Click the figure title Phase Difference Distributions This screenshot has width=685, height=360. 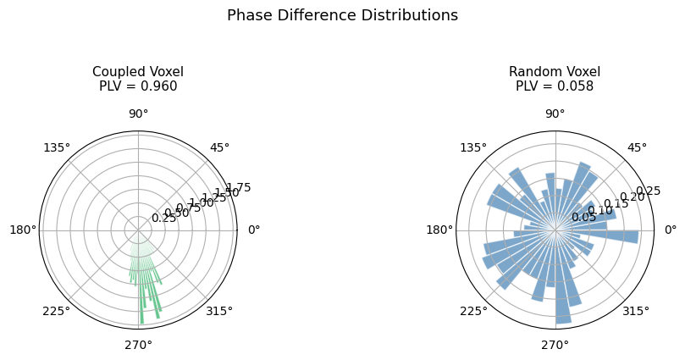(342, 15)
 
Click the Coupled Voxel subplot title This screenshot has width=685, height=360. (138, 71)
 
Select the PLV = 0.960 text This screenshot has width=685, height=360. (138, 86)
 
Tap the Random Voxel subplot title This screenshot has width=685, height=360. (555, 71)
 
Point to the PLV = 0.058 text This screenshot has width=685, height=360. (555, 86)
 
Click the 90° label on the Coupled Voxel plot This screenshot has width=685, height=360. (138, 114)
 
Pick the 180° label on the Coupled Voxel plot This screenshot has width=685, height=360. (23, 230)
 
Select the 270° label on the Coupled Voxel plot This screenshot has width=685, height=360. (138, 345)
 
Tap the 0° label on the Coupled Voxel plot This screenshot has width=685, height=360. (253, 230)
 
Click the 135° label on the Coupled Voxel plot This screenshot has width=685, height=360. (57, 148)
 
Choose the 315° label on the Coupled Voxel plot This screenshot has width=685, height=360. (219, 311)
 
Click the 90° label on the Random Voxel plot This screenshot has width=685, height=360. (555, 114)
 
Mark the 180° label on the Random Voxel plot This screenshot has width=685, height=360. (439, 230)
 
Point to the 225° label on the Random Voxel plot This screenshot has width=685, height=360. (473, 311)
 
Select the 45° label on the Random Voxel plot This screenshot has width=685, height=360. (636, 148)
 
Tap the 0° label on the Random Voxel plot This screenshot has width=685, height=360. (670, 230)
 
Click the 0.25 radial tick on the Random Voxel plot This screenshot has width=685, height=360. (647, 190)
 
